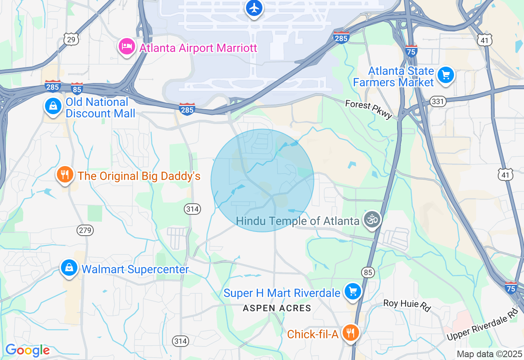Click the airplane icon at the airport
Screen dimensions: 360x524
pos(254,8)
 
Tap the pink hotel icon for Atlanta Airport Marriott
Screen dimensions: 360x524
pos(126,47)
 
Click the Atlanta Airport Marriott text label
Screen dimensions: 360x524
pos(198,48)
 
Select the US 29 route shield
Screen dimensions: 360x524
pos(71,39)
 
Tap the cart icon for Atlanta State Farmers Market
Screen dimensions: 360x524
pos(446,75)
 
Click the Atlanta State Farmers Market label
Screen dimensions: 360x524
pos(393,76)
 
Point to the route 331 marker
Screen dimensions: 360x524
pos(438,101)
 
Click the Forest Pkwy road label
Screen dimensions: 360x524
pos(369,109)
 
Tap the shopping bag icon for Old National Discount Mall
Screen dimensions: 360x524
pos(53,106)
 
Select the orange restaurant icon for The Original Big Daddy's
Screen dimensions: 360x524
pos(65,175)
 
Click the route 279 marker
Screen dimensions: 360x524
pos(85,230)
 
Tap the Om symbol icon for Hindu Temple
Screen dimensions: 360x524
pos(372,220)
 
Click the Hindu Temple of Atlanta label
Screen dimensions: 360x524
pos(298,221)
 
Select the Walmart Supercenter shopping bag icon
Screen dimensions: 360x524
pos(69,268)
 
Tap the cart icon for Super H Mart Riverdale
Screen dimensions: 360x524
pos(352,292)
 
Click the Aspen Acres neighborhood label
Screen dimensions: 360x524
pos(277,308)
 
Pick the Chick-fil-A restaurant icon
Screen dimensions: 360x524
pos(350,333)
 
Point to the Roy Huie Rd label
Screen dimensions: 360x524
pos(407,305)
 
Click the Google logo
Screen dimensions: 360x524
pos(27,351)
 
